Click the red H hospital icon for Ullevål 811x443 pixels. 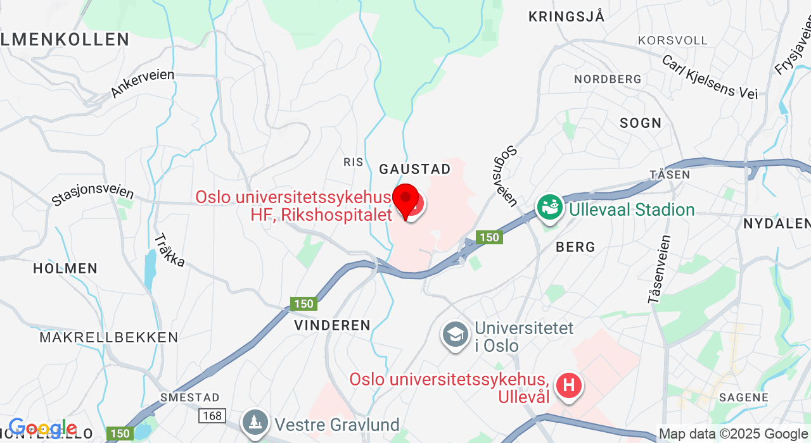click(x=568, y=385)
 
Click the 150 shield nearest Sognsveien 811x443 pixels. click(x=489, y=237)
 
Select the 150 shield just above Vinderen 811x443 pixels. click(x=304, y=304)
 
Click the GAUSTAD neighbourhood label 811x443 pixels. click(x=415, y=169)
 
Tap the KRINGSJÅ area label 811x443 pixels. click(x=567, y=17)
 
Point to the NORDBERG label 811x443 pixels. click(x=608, y=79)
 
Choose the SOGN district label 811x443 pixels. click(x=641, y=123)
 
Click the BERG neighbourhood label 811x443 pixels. click(x=575, y=247)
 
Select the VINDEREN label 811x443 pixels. click(x=332, y=325)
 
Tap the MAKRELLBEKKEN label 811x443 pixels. click(x=109, y=337)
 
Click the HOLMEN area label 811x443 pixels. click(x=65, y=268)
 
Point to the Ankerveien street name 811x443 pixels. click(x=143, y=84)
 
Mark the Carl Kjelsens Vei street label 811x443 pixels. click(x=710, y=77)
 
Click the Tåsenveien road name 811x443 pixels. click(x=660, y=269)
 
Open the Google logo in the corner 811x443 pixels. click(x=42, y=429)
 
